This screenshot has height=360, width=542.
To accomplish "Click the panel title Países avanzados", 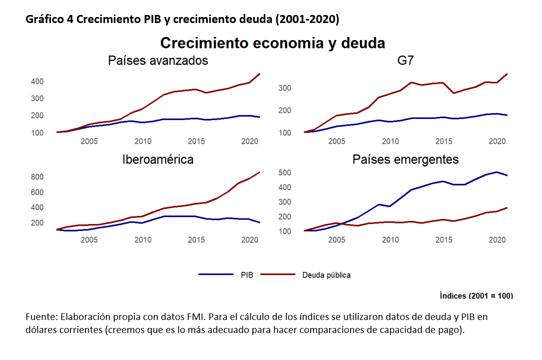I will [x=158, y=61].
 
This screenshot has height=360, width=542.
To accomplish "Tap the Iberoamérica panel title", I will [x=158, y=159].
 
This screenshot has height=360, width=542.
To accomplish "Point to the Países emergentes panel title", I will [x=406, y=159].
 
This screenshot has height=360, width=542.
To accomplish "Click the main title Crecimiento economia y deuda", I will [x=272, y=43].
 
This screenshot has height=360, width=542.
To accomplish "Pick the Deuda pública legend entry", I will [x=326, y=274].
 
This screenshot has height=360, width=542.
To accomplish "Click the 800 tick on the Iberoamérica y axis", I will [x=37, y=177].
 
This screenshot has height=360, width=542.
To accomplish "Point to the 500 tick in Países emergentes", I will [x=285, y=172].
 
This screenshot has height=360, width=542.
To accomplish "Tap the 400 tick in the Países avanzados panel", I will [x=37, y=81].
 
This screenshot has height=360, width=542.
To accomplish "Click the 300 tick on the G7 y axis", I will [x=285, y=88].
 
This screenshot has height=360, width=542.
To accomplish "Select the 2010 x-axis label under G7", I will [x=390, y=141].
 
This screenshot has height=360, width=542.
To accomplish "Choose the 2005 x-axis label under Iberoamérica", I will [x=89, y=240].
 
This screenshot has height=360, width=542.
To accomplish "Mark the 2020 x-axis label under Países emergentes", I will [x=496, y=240].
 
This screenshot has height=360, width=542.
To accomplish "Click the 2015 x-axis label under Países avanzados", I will [x=195, y=141].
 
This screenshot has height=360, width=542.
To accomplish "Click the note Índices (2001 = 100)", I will [x=476, y=295].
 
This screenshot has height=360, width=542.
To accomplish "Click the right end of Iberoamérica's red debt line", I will [x=260, y=172].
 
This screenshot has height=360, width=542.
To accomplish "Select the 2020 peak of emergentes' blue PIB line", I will [x=496, y=172].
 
